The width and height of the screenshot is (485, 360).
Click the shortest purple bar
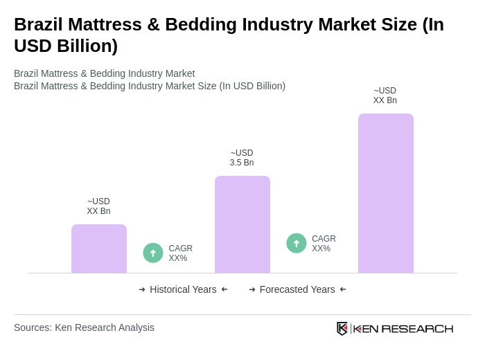99,249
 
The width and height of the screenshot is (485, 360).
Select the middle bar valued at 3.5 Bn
242,224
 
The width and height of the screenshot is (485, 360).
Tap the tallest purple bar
386,193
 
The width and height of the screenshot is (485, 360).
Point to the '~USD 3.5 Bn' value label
242,158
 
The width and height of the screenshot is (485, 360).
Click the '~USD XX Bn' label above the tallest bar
385,96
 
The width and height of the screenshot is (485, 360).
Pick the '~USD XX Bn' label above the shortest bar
98,206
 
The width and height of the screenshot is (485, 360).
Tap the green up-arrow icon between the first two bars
153,253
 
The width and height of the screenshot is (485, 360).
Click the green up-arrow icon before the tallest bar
297,243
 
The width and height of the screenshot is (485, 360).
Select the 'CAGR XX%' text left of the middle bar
180,253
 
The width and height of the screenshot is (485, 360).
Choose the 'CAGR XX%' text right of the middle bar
324,244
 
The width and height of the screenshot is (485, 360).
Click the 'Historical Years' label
183,289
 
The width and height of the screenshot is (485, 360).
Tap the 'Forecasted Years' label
297,289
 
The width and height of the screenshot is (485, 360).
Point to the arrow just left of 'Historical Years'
142,289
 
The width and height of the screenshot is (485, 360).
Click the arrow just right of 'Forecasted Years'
343,289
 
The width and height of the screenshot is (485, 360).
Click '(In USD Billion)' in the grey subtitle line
252,86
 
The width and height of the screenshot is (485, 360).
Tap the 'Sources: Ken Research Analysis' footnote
84,327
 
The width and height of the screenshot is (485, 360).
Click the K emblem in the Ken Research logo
342,328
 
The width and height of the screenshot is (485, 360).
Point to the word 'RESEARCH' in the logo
417,328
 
